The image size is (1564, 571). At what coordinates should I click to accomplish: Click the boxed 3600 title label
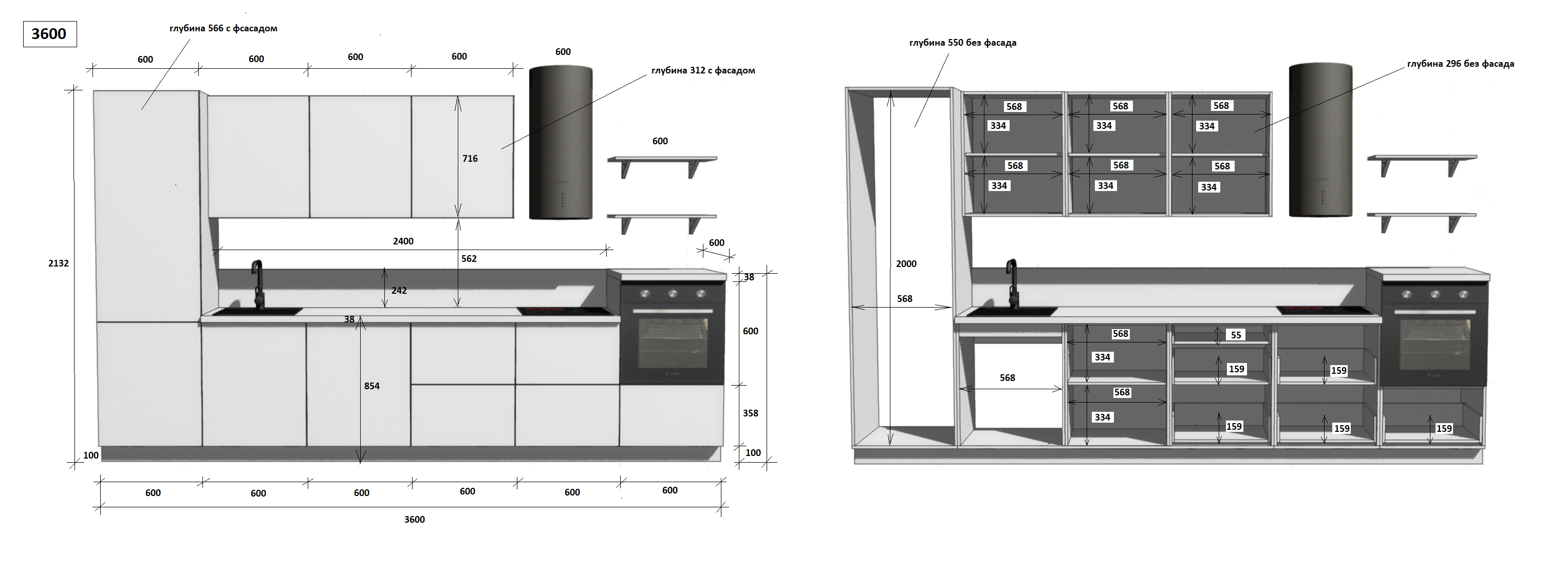(x=49, y=34)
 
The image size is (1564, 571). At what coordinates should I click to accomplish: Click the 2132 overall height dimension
(x=58, y=263)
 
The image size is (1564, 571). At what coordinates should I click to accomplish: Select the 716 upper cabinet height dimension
(x=469, y=158)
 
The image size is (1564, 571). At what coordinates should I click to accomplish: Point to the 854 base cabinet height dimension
(x=371, y=386)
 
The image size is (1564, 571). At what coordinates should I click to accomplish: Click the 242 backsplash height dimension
(x=398, y=291)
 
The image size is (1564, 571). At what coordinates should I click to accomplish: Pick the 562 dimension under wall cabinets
(x=469, y=258)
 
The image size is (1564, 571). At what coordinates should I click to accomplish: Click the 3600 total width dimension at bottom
(x=414, y=520)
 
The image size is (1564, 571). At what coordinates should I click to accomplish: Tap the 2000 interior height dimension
(x=906, y=263)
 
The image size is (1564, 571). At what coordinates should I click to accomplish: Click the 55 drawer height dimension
(x=1236, y=335)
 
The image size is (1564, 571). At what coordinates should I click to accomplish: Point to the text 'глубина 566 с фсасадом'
(x=223, y=29)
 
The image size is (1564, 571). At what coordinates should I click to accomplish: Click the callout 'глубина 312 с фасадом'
(x=703, y=70)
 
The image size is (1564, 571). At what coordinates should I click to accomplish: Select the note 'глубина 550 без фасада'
(x=962, y=43)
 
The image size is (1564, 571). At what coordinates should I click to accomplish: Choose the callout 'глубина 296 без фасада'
(x=1460, y=64)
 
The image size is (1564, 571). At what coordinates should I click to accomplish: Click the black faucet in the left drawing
(x=258, y=285)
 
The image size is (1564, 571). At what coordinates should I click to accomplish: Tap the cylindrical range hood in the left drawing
(x=561, y=143)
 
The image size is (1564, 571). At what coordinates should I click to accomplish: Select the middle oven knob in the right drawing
(x=1435, y=294)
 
